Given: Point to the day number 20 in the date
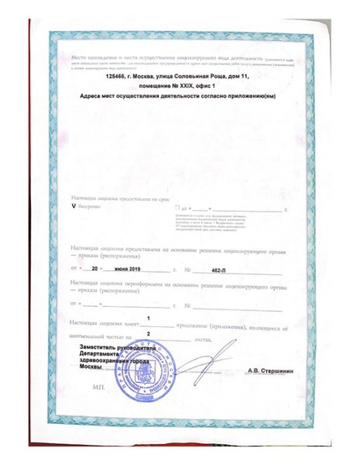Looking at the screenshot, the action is click(x=95, y=271).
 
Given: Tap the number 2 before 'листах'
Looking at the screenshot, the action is click(x=148, y=334).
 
